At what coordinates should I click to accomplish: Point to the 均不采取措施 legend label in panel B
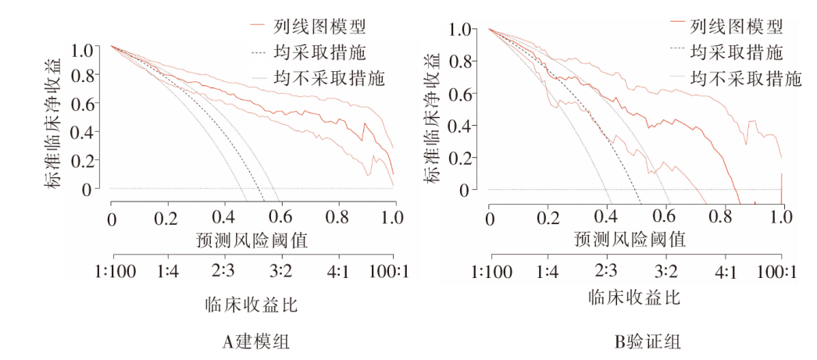pos(747,79)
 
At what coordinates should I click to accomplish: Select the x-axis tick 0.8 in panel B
pos(722,216)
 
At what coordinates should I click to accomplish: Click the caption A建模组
pos(252,341)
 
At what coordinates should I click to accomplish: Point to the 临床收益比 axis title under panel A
pos(252,303)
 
